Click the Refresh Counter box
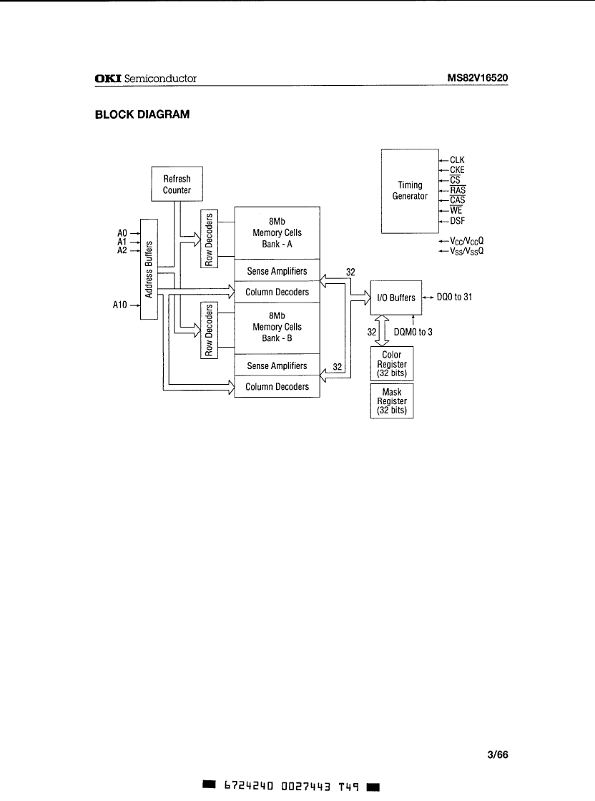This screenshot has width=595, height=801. [x=177, y=185]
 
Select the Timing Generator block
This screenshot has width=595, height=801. [x=410, y=190]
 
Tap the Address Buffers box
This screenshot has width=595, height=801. [x=149, y=269]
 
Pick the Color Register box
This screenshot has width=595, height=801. [x=392, y=364]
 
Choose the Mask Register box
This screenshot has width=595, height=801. [x=392, y=401]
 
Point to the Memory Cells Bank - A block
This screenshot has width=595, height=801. [x=277, y=232]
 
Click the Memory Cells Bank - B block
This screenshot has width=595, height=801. [x=277, y=327]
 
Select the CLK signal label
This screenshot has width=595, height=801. [x=457, y=160]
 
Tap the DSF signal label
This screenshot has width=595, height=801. [x=457, y=221]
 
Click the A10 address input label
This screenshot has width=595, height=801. [x=120, y=304]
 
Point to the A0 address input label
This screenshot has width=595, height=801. [x=121, y=232]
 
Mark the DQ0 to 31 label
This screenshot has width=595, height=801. [x=454, y=298]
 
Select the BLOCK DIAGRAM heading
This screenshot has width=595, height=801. [x=142, y=114]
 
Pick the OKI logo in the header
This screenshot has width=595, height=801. [x=108, y=78]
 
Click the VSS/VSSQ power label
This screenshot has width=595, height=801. [x=466, y=252]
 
